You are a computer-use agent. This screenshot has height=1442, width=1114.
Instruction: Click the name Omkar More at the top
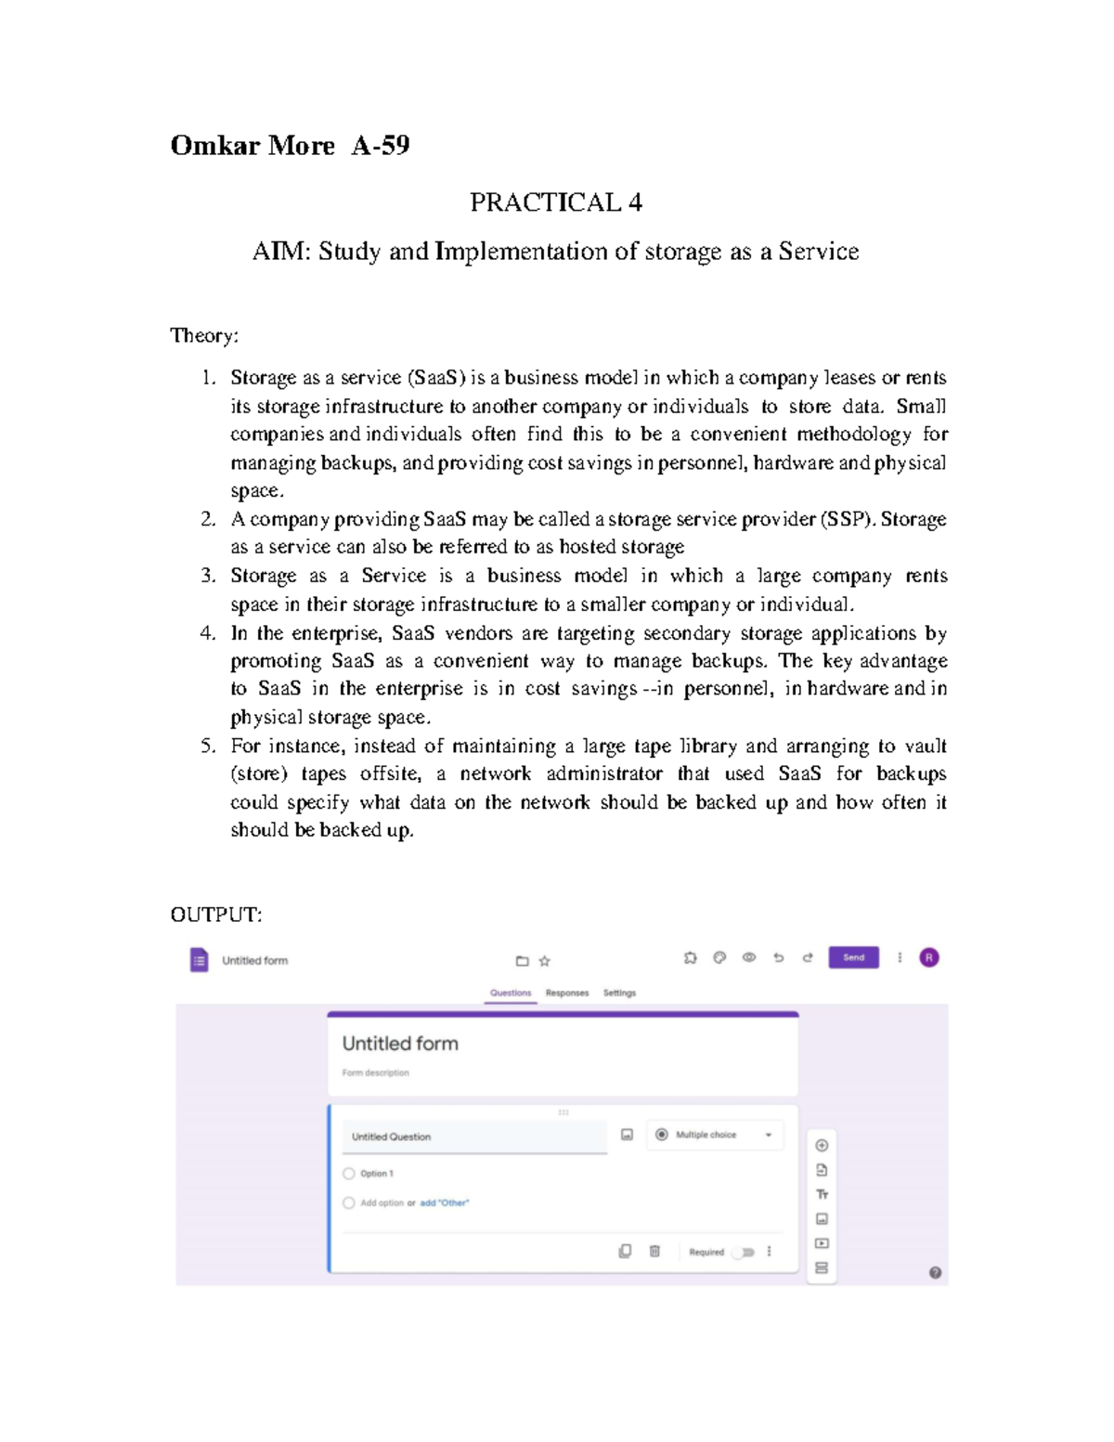253,146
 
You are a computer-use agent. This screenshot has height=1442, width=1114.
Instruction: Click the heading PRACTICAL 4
555,202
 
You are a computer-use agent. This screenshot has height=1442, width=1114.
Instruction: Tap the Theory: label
204,335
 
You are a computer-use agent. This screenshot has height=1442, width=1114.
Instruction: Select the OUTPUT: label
215,915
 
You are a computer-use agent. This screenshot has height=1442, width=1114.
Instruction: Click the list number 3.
208,576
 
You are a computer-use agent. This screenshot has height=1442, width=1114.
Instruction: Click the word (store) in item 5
259,774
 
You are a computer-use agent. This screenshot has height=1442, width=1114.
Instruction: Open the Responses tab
567,993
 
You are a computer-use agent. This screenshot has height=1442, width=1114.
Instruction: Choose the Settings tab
619,993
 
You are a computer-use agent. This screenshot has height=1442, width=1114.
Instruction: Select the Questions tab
511,993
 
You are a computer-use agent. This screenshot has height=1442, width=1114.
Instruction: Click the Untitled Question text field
473,1137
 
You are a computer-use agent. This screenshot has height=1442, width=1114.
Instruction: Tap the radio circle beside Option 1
349,1174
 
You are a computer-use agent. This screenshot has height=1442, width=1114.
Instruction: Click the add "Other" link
444,1202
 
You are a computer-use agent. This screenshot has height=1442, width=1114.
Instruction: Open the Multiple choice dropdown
715,1135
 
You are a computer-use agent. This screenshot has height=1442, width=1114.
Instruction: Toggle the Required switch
745,1252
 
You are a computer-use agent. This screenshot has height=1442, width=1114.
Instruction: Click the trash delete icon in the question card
654,1252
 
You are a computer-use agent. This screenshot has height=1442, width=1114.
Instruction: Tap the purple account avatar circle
928,957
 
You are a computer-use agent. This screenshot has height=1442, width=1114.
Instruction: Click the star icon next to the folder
545,961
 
